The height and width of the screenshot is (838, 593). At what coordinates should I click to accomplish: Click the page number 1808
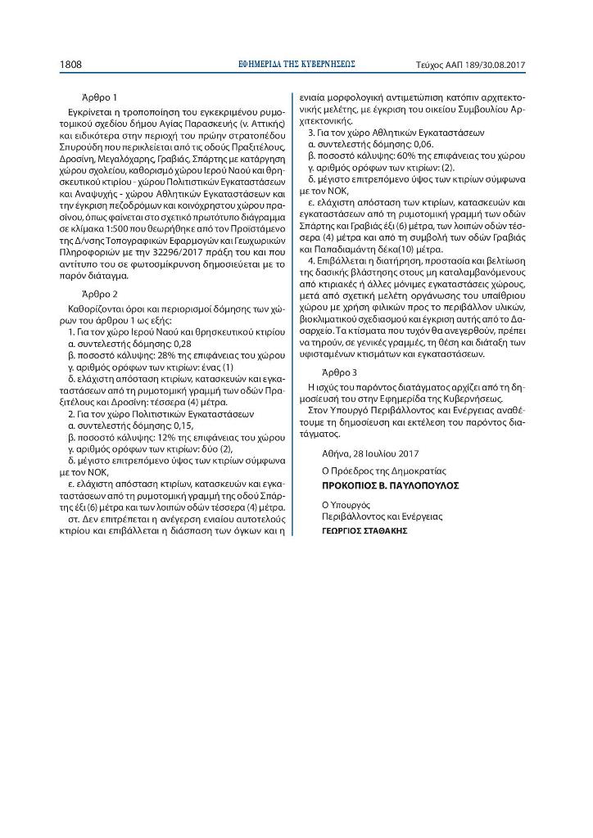coord(70,63)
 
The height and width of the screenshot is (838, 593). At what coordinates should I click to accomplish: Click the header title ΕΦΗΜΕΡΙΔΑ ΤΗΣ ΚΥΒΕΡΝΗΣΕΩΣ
coord(296,63)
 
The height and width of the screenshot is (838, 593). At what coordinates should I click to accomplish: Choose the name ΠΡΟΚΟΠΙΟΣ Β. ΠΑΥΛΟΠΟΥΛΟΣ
coord(390,485)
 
